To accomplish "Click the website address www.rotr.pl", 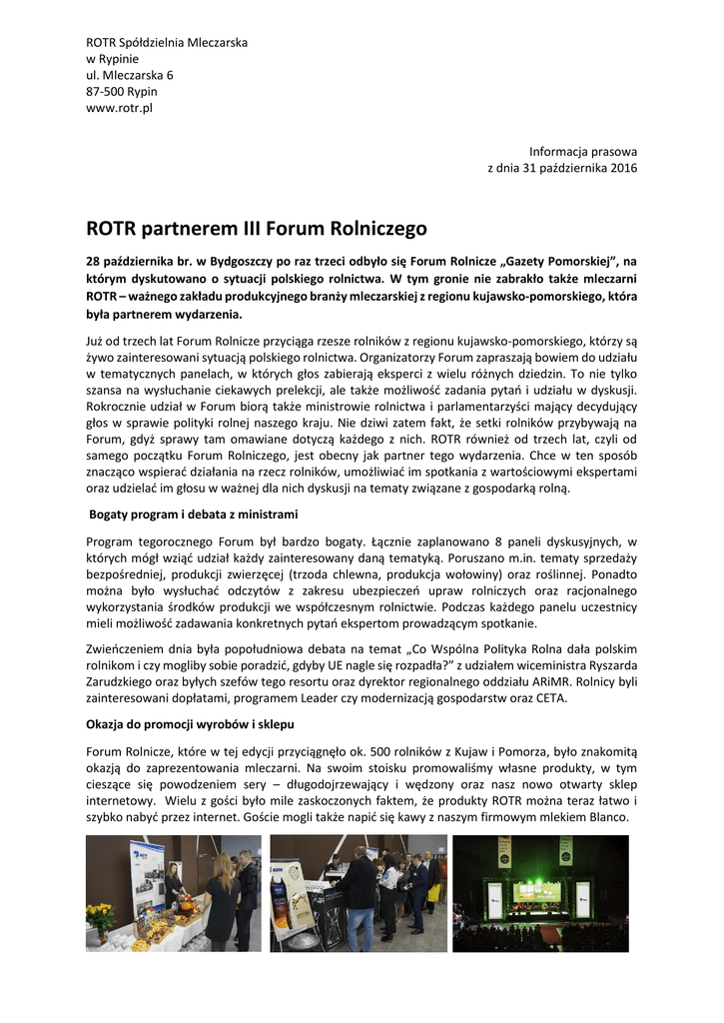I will (119, 108).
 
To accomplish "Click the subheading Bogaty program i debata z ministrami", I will (194, 514).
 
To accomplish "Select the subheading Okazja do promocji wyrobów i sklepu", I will (190, 722).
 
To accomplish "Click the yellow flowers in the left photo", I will (101, 915).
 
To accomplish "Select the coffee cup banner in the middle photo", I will (295, 895).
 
